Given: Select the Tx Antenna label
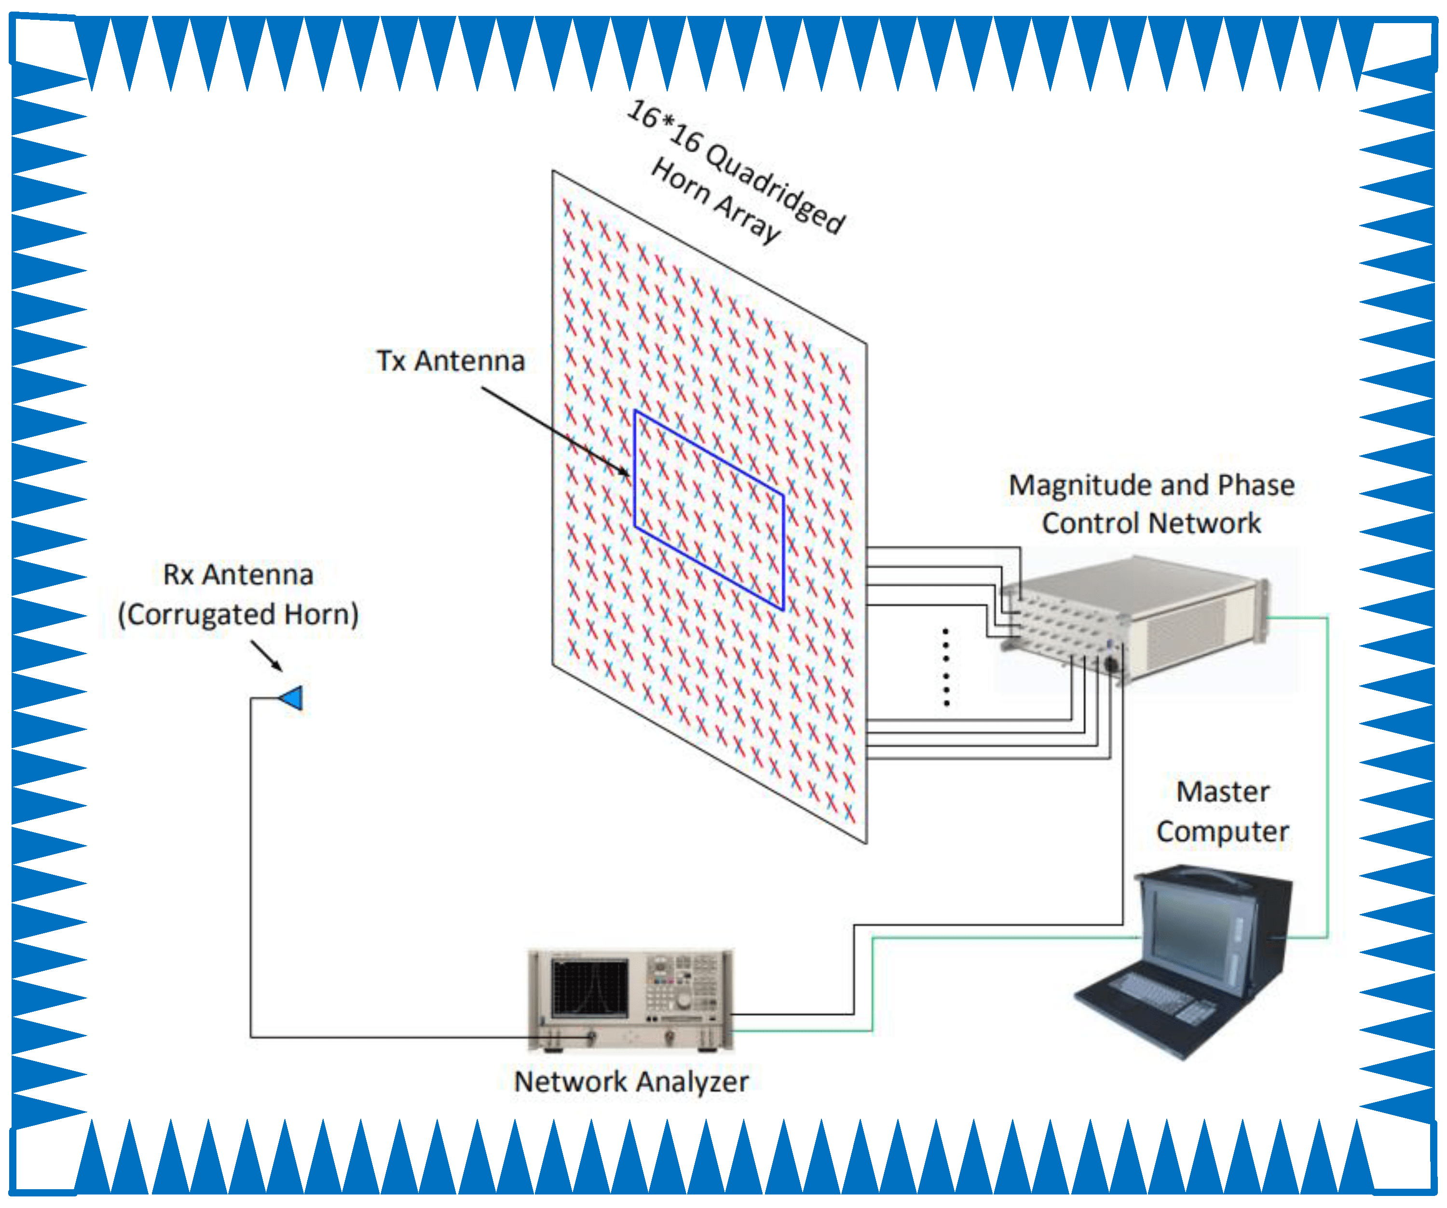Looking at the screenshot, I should pyautogui.click(x=450, y=361).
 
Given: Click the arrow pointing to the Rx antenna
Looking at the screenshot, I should pyautogui.click(x=267, y=656).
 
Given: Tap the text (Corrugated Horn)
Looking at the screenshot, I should pyautogui.click(x=238, y=614).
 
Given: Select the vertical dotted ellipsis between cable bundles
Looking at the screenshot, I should pyautogui.click(x=946, y=667).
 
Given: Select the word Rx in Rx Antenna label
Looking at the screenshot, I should pyautogui.click(x=178, y=575).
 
